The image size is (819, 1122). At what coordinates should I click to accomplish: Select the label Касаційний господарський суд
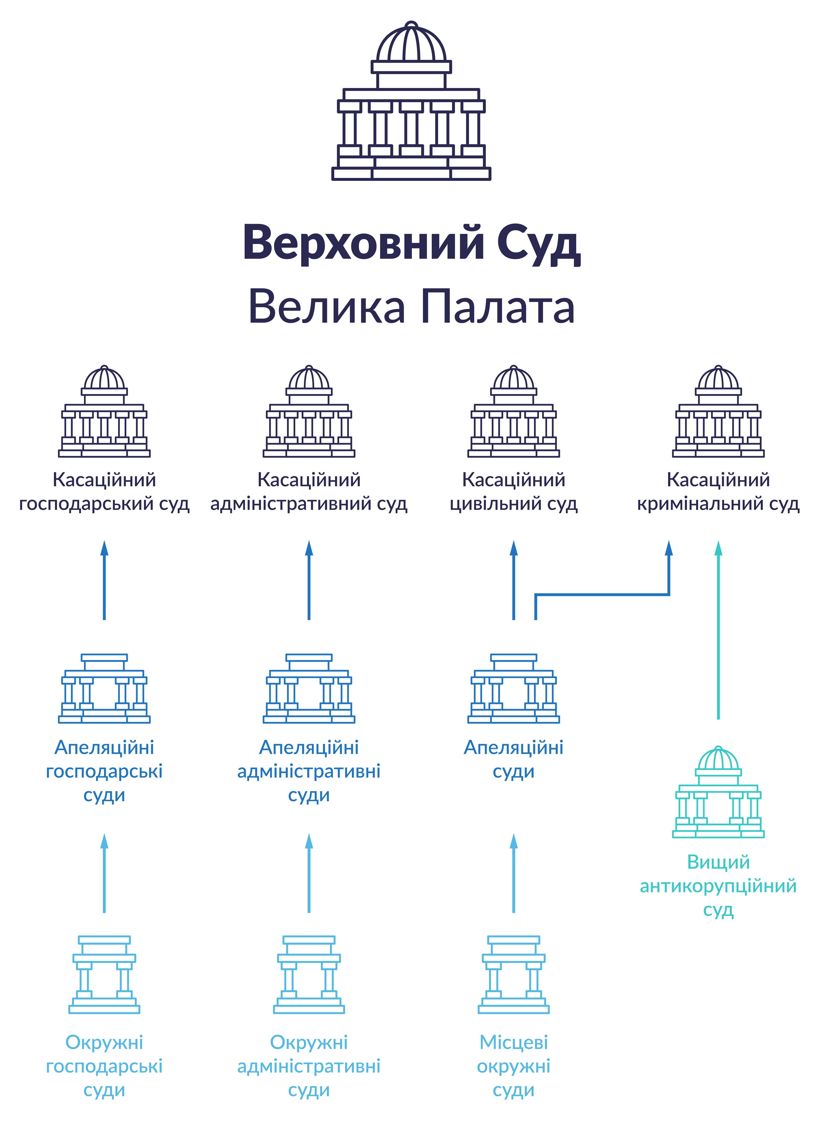click(104, 491)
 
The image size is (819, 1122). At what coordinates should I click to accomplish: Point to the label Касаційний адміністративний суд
click(309, 491)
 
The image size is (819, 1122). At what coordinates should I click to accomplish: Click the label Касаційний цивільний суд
click(514, 491)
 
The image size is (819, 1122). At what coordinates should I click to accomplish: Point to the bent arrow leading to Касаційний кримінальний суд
click(602, 594)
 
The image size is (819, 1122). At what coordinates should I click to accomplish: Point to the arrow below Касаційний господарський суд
click(104, 581)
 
